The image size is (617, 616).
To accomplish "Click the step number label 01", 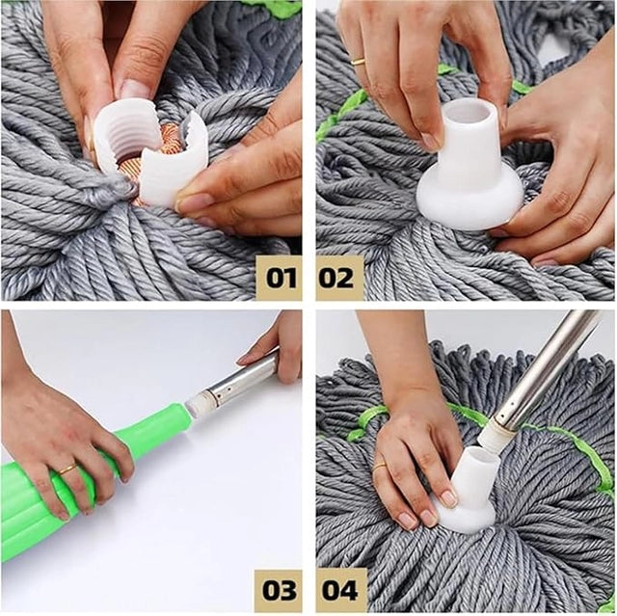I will point(278,278).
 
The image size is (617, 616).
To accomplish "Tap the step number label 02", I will point(339,278).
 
